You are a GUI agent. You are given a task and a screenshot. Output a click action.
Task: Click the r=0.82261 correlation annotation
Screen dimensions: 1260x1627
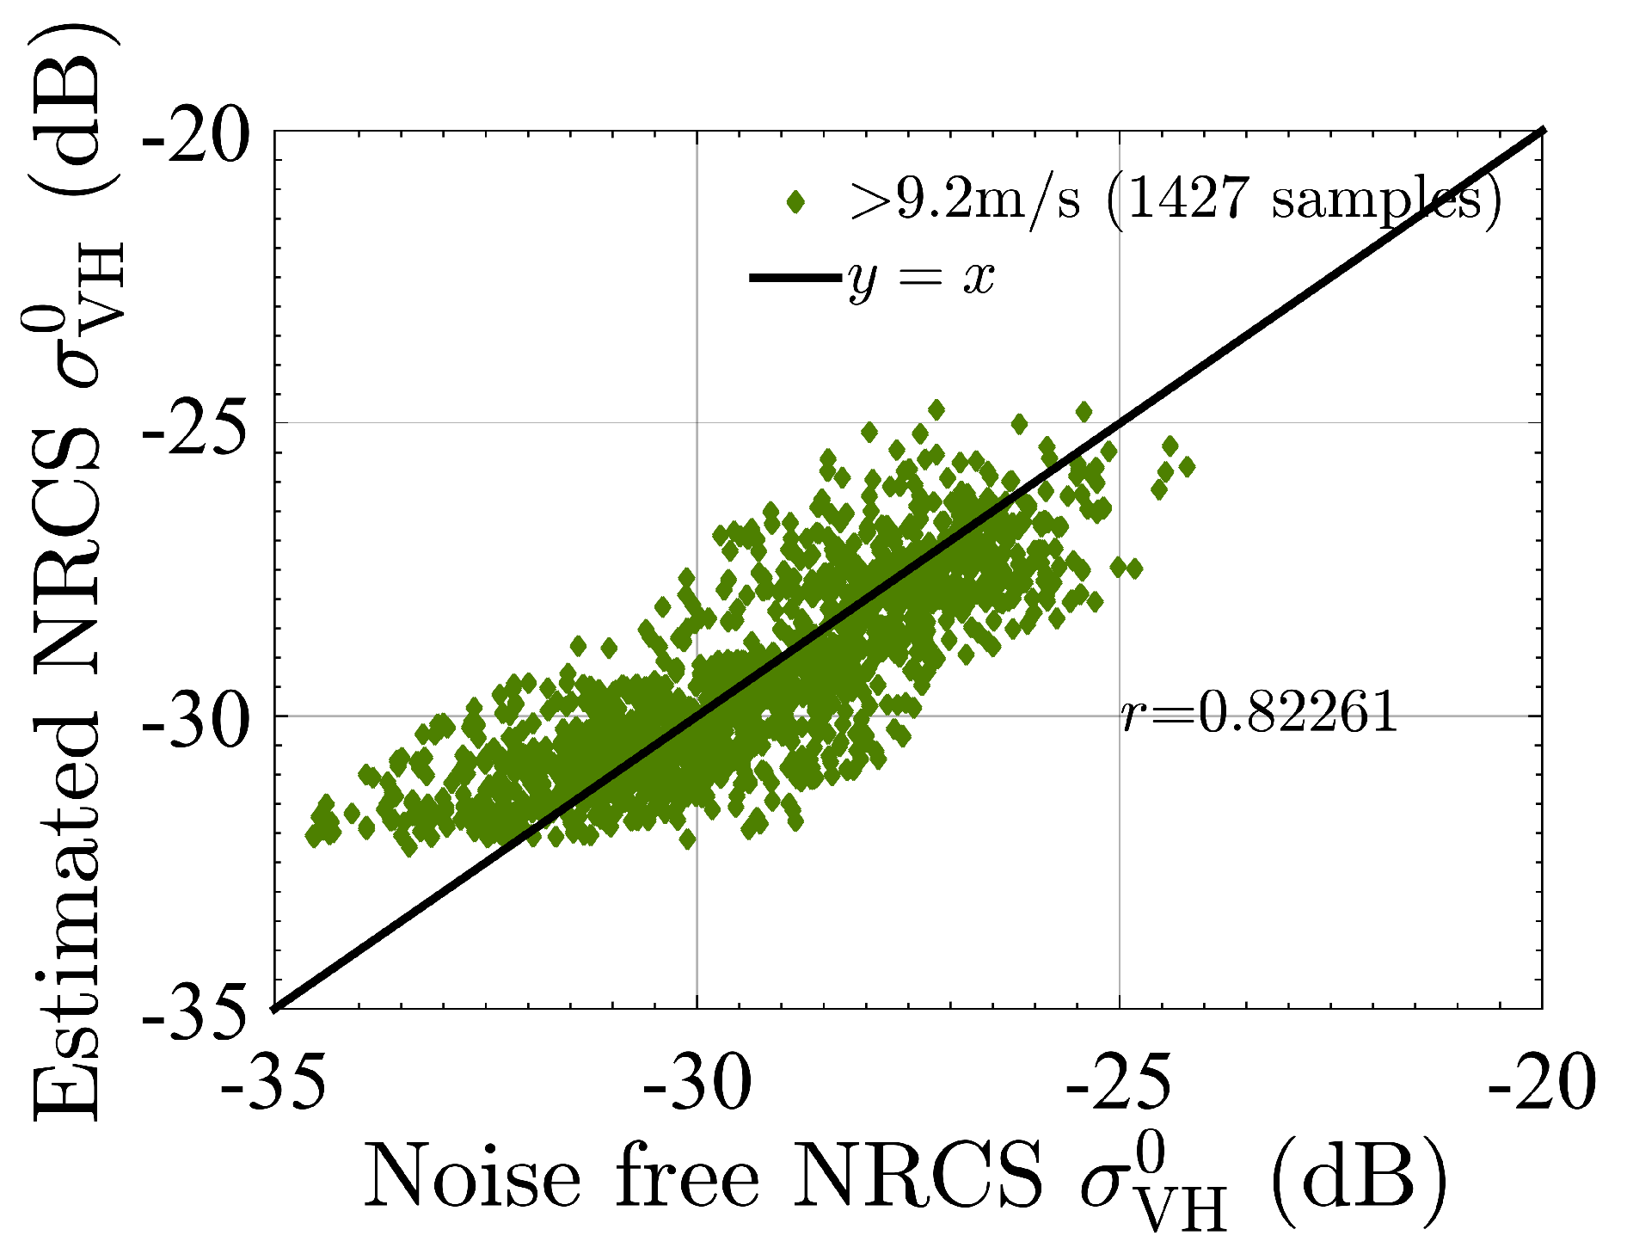click(x=1259, y=713)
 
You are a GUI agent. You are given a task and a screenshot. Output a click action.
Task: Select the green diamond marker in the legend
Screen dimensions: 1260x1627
click(x=795, y=202)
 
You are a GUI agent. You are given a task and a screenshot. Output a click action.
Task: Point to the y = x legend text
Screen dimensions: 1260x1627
click(x=921, y=277)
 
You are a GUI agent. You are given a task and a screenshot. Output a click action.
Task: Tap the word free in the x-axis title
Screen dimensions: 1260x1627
click(x=688, y=1176)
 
